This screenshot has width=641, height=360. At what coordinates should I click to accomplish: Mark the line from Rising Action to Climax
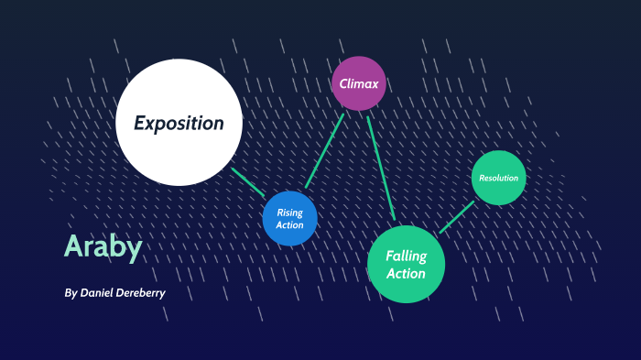point(324,151)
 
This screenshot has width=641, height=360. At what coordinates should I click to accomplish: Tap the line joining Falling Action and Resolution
point(456,217)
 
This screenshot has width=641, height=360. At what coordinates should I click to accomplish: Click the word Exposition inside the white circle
point(179,123)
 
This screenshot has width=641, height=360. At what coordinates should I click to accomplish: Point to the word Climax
point(359,83)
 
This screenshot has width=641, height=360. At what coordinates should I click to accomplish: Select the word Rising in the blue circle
point(289,213)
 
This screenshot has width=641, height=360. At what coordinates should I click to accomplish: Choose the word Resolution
point(499,178)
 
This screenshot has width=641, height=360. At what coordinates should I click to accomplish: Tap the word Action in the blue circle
point(289,225)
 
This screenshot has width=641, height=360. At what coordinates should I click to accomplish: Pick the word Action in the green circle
point(406,273)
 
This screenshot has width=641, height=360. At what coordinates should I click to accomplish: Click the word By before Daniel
point(71,293)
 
